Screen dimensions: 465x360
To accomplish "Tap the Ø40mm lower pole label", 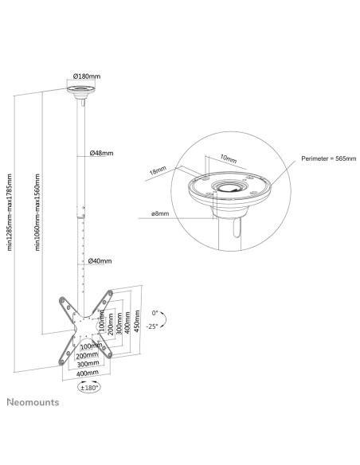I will pyautogui.click(x=100, y=261).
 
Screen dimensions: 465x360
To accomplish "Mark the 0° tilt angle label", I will pyautogui.click(x=155, y=313).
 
